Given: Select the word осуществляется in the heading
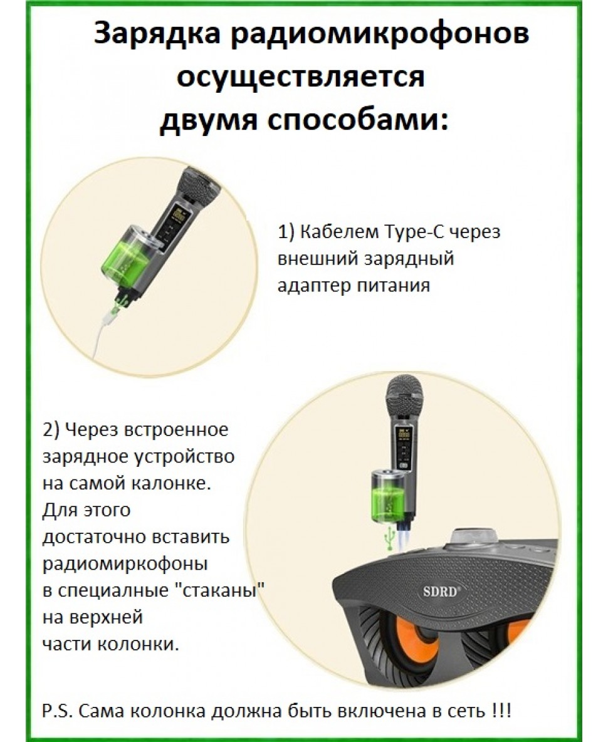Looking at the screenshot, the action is pos(301,76).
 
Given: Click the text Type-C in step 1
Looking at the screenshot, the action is pos(416,233).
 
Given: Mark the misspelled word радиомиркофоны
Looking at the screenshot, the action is pos(126,565).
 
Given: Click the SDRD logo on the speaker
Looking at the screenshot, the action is pos(439,592).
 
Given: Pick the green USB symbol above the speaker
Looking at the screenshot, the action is pos(390,538).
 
